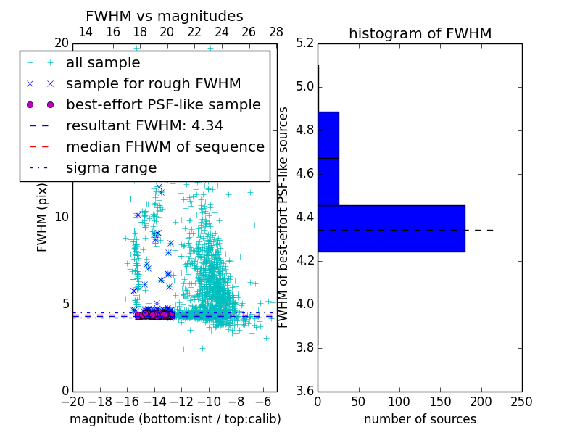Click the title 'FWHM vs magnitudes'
[x=164, y=16]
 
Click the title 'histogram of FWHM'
[x=420, y=33]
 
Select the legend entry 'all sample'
[x=103, y=63]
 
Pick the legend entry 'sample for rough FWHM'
[x=153, y=83]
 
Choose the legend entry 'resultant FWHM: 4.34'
[x=144, y=125]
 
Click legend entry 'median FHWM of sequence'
[x=165, y=146]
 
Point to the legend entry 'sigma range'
[x=111, y=167]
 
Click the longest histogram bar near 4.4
[x=391, y=228]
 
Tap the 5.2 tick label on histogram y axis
[x=304, y=43]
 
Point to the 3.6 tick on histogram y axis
[x=304, y=391]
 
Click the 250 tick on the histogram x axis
[x=521, y=402]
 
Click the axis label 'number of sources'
[x=420, y=419]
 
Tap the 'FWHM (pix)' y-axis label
[x=43, y=217]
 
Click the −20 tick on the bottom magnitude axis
[x=72, y=402]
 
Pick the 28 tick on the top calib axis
[x=276, y=32]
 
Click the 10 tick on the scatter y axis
[x=62, y=217]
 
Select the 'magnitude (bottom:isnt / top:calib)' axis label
[x=175, y=419]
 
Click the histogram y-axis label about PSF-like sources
[x=284, y=217]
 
